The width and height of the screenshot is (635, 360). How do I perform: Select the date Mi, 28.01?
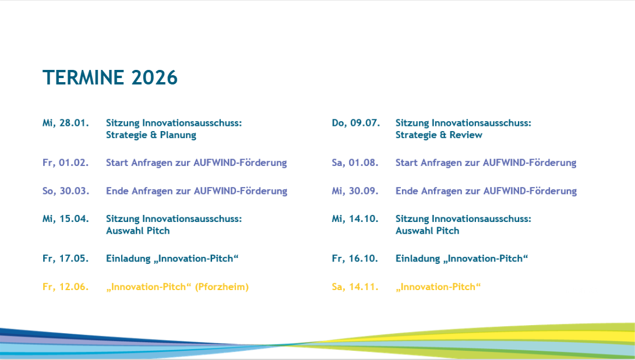[66, 123]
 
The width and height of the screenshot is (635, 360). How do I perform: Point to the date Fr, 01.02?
[66, 163]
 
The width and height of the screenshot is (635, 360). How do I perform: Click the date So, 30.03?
[66, 191]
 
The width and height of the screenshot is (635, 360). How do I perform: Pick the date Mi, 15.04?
[66, 219]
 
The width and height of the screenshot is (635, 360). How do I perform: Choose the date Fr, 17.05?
[66, 259]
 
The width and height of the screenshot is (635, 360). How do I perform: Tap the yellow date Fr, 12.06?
[66, 287]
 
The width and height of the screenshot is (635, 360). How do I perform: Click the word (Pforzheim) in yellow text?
[222, 287]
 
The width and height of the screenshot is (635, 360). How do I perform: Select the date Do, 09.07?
[356, 123]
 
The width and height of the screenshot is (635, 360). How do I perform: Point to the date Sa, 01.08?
[355, 163]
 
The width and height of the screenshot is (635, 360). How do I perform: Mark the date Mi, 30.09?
[355, 191]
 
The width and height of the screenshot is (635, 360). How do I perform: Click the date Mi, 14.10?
[355, 219]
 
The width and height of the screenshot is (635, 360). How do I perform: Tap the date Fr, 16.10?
[355, 259]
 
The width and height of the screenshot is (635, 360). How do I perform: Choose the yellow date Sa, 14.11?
[355, 287]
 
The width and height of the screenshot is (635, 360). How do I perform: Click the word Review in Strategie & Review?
[465, 135]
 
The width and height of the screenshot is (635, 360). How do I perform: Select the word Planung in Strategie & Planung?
[178, 135]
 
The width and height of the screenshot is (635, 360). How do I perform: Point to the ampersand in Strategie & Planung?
[153, 135]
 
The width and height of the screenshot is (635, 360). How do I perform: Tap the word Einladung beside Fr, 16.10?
[418, 259]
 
